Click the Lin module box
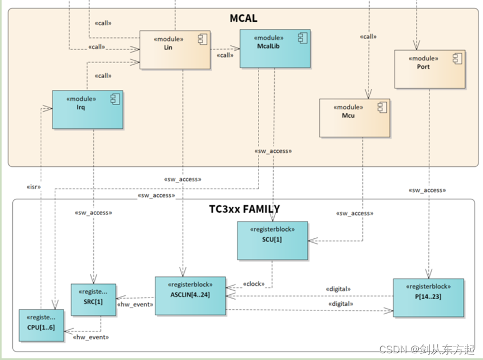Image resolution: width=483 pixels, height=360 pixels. coord(174,50)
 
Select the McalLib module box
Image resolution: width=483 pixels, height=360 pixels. coord(275,49)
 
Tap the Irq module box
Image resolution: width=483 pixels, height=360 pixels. coord(88,109)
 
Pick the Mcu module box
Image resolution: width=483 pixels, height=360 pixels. coord(355,118)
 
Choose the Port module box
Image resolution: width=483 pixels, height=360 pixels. coord(429,69)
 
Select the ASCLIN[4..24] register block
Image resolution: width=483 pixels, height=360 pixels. coord(190,296)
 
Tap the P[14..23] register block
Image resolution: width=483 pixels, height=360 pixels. coord(428,297)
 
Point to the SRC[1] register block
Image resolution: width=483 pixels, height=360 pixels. coord(93,300)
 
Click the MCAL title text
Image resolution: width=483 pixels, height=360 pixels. coord(243,18)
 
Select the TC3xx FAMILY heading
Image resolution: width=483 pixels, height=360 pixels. coord(244,209)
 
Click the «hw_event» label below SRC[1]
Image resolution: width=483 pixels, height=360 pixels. coord(90,337)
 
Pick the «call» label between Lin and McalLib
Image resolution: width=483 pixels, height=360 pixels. coord(225,55)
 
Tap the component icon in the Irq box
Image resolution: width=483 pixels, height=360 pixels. coord(113,99)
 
